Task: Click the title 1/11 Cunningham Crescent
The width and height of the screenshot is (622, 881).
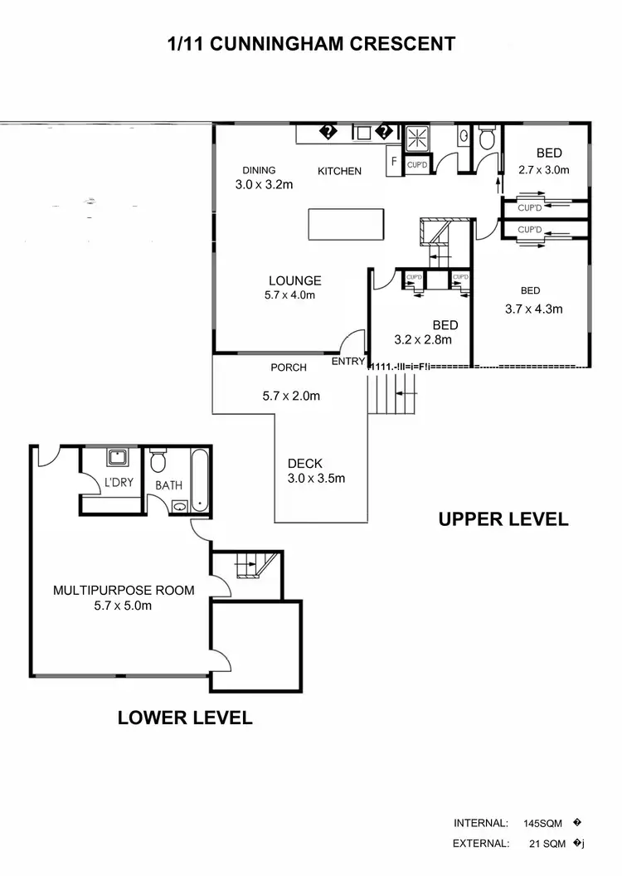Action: click(x=311, y=44)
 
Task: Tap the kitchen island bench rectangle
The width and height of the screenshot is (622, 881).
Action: click(x=347, y=223)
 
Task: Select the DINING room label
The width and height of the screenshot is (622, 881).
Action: click(x=259, y=171)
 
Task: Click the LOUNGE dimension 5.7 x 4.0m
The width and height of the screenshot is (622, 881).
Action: click(x=289, y=294)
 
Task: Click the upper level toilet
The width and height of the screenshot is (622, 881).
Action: click(x=488, y=138)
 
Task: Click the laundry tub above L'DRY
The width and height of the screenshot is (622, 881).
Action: click(x=116, y=457)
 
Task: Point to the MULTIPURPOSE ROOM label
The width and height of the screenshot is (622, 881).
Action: click(x=124, y=591)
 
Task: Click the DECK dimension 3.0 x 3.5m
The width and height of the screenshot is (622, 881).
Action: click(x=316, y=478)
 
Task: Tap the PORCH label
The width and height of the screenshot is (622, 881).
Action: click(x=289, y=367)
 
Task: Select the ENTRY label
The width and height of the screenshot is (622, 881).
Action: click(x=347, y=362)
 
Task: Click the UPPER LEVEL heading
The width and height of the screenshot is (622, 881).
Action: click(x=503, y=519)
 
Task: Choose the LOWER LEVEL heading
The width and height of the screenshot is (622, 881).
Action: click(x=185, y=718)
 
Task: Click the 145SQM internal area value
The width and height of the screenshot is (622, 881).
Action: click(x=543, y=824)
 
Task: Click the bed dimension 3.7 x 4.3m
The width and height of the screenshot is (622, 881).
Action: click(x=533, y=309)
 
